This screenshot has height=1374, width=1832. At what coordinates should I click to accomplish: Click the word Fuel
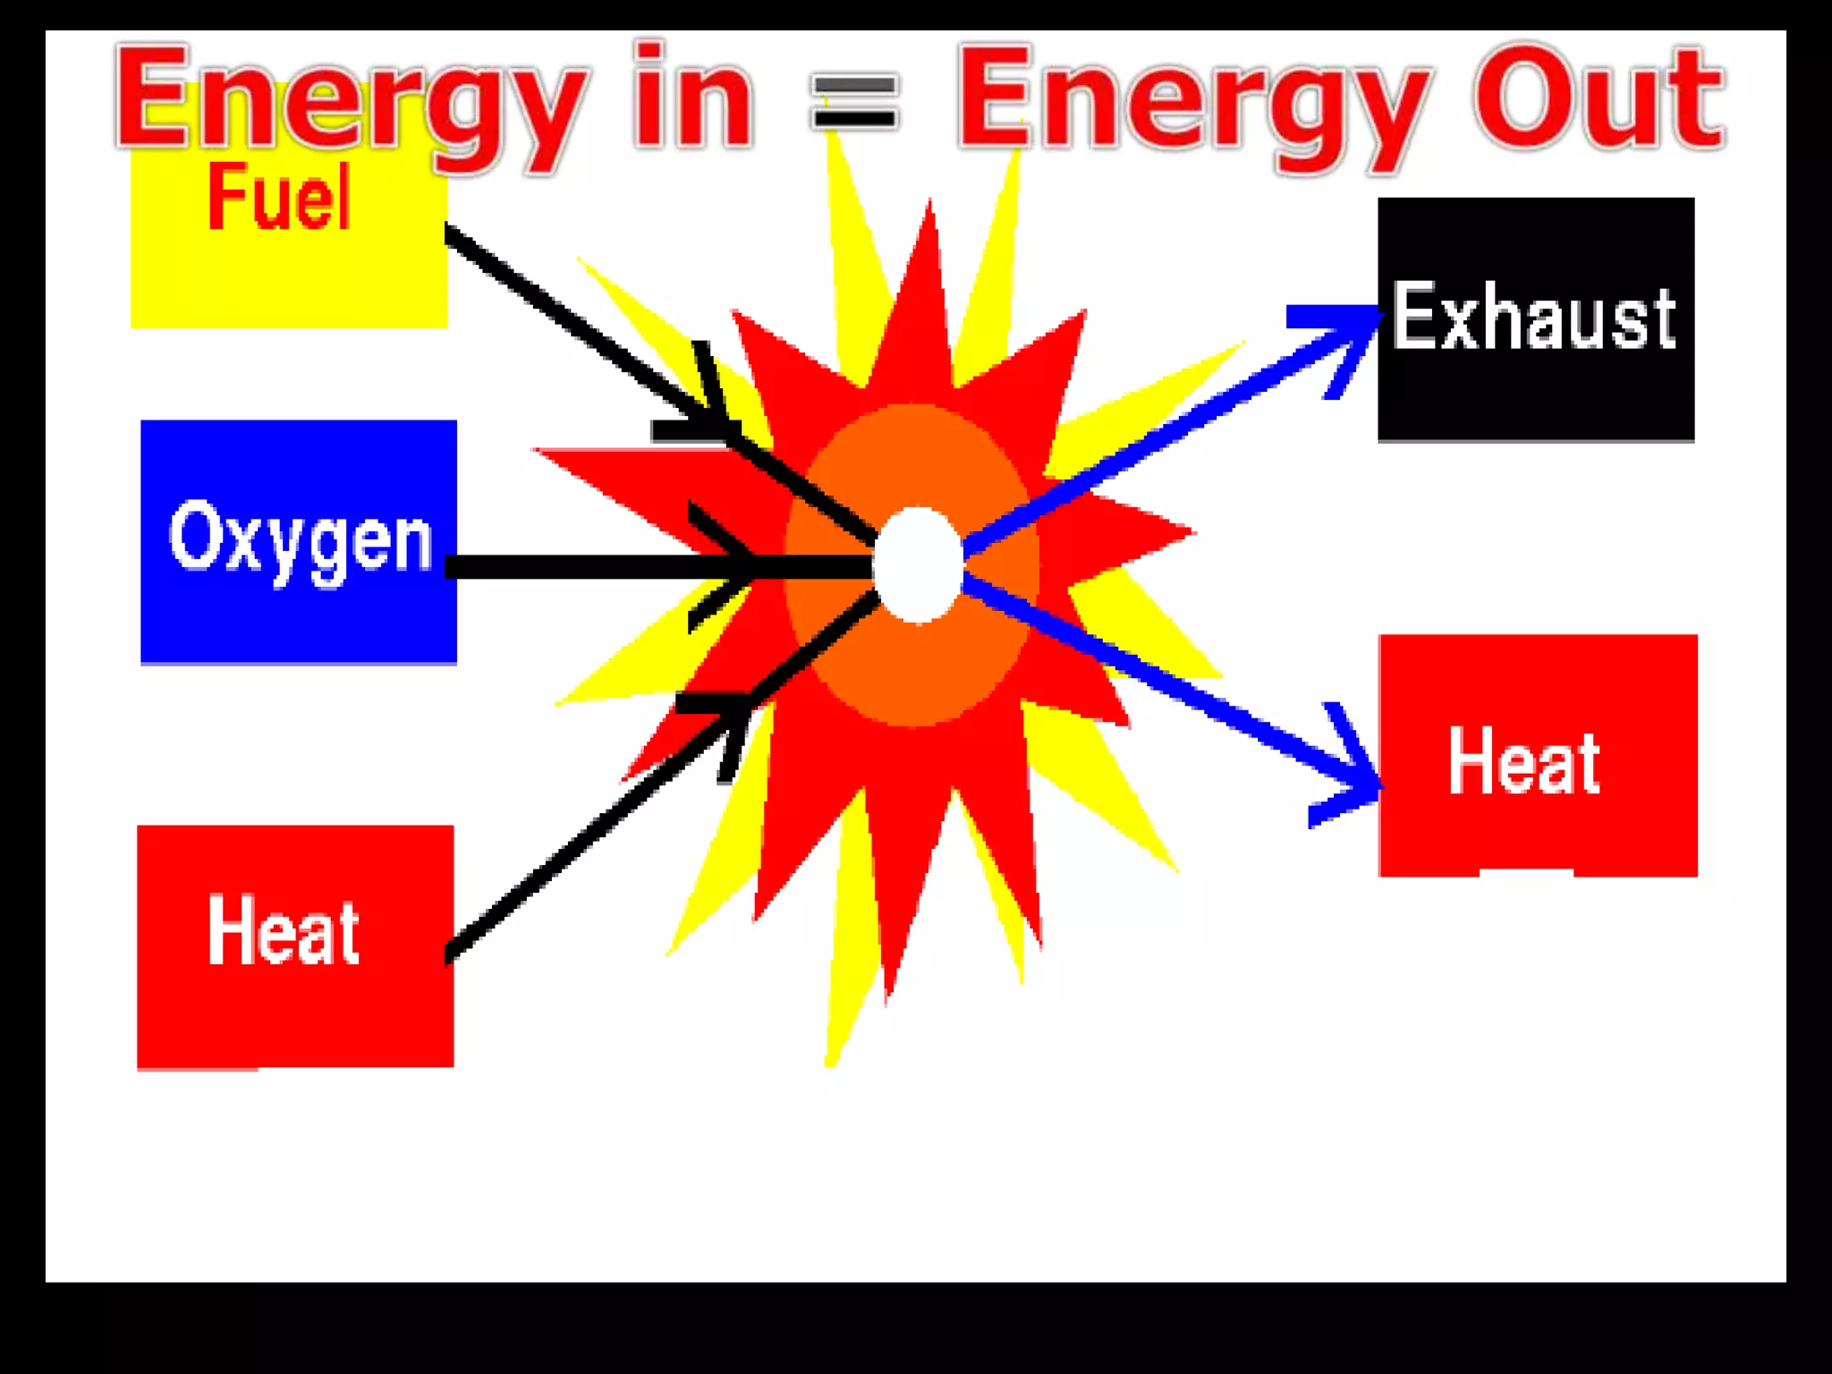(279, 199)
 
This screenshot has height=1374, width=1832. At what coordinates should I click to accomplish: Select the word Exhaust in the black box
(1533, 317)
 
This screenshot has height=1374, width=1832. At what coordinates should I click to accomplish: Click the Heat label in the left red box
(283, 932)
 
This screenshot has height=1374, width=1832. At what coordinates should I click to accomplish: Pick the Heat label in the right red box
(1524, 762)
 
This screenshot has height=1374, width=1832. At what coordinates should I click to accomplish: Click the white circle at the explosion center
(918, 564)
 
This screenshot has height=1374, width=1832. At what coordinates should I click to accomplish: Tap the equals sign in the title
(853, 102)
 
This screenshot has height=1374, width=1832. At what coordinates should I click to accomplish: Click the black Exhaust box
(1535, 394)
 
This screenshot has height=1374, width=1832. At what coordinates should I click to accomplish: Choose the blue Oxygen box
(299, 617)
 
